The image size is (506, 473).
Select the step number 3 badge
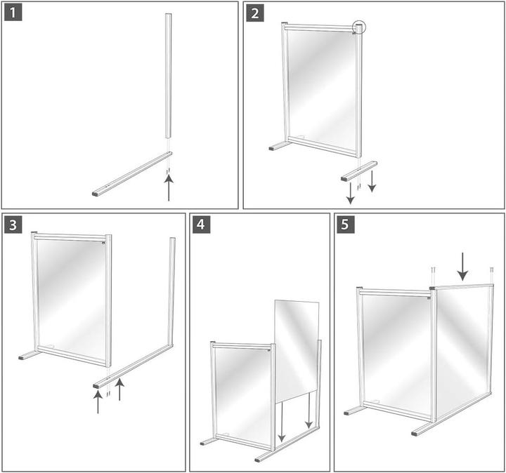click(13, 225)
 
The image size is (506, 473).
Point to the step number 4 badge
click(202, 225)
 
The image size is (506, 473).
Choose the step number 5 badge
click(346, 225)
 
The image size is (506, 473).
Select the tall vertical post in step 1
click(169, 74)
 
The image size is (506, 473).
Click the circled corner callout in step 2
click(359, 28)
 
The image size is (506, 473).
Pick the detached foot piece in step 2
click(359, 170)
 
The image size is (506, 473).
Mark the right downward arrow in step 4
click(308, 417)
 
